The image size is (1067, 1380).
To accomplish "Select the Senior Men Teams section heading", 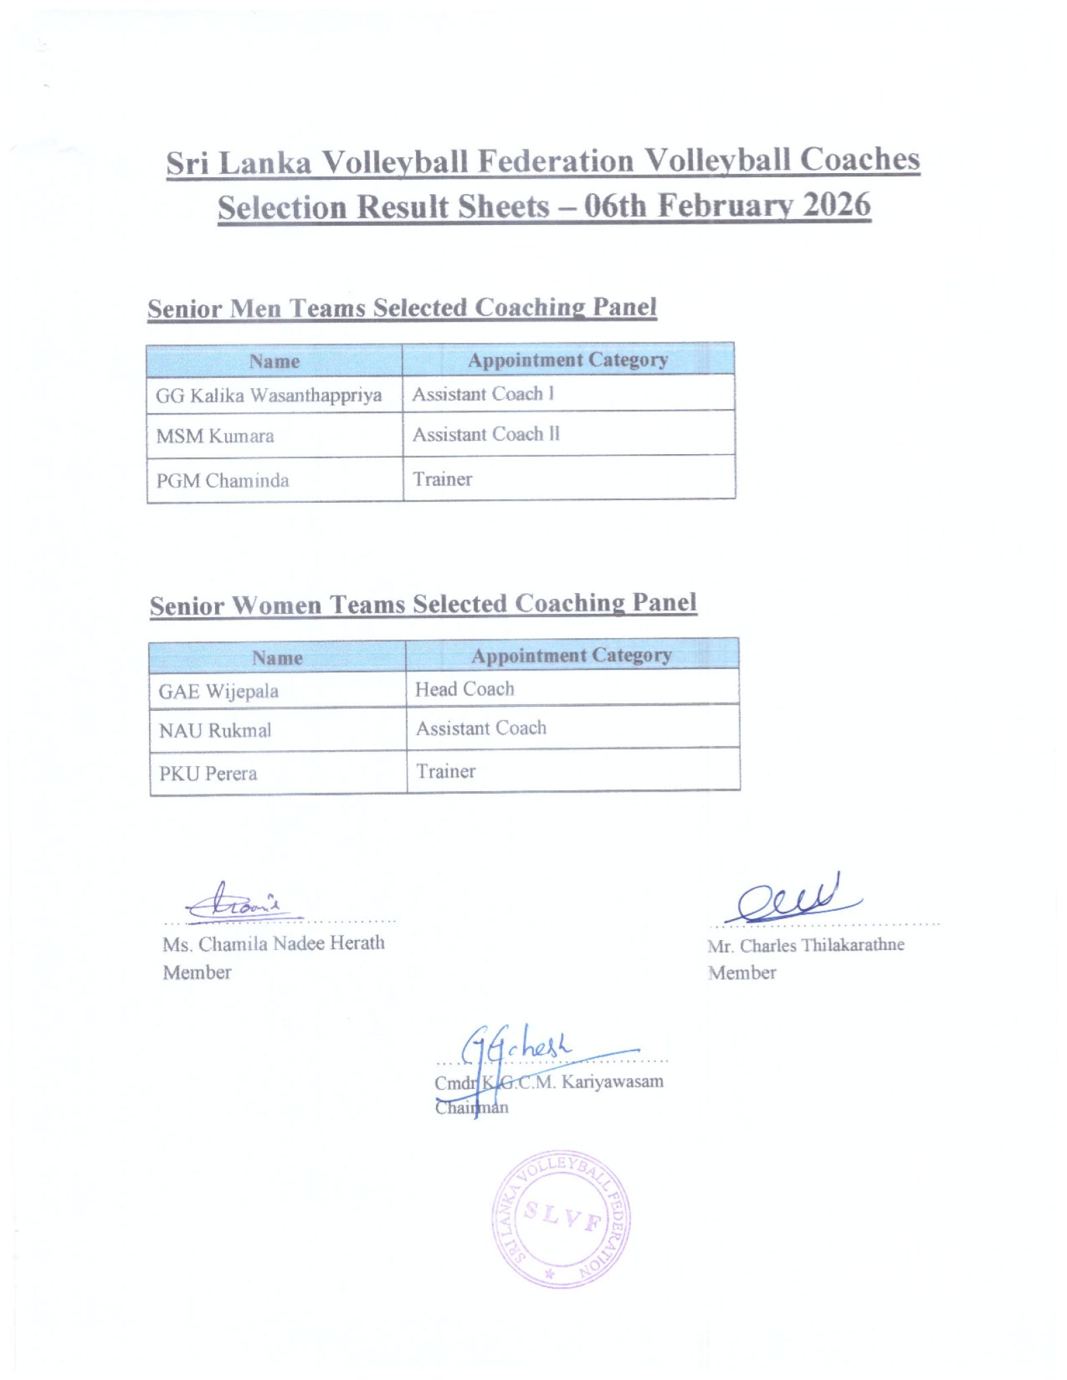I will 402,308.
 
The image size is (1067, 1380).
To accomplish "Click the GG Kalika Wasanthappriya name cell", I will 269,395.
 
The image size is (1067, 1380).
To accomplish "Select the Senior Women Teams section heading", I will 423,604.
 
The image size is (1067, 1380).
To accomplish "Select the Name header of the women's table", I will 277,658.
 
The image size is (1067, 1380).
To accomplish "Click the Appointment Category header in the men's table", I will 568,360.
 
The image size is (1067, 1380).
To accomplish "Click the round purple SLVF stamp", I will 561,1219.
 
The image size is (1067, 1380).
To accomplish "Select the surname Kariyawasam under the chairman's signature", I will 613,1081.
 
